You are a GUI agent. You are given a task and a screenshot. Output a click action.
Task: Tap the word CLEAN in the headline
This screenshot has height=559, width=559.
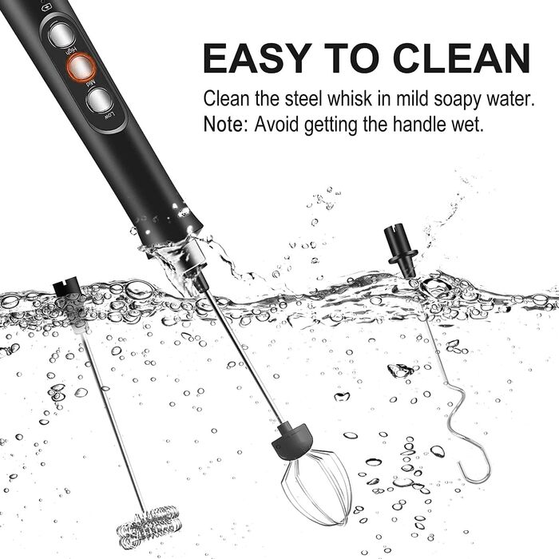462,58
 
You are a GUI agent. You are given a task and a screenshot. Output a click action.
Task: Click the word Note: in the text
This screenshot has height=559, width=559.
225,125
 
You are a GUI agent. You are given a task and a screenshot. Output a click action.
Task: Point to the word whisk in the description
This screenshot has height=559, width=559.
350,98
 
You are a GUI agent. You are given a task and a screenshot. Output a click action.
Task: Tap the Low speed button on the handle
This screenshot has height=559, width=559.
99,100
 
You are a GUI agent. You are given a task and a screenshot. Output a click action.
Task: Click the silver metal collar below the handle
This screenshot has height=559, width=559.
192,261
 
